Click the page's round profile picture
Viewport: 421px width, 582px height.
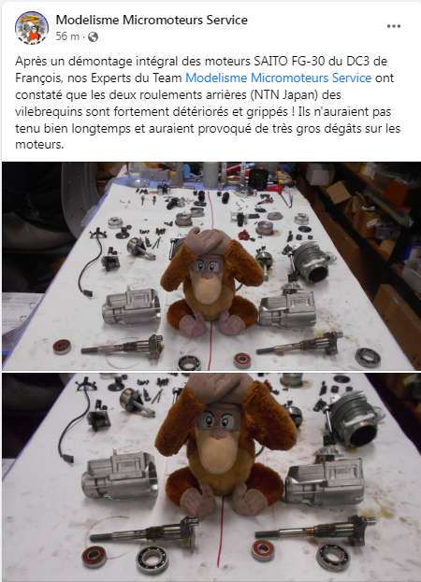pos(32,27)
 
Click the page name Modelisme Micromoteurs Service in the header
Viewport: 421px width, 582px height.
pos(152,19)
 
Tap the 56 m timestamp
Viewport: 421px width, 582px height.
pos(66,35)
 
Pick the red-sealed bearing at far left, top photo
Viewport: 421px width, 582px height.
pos(64,346)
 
